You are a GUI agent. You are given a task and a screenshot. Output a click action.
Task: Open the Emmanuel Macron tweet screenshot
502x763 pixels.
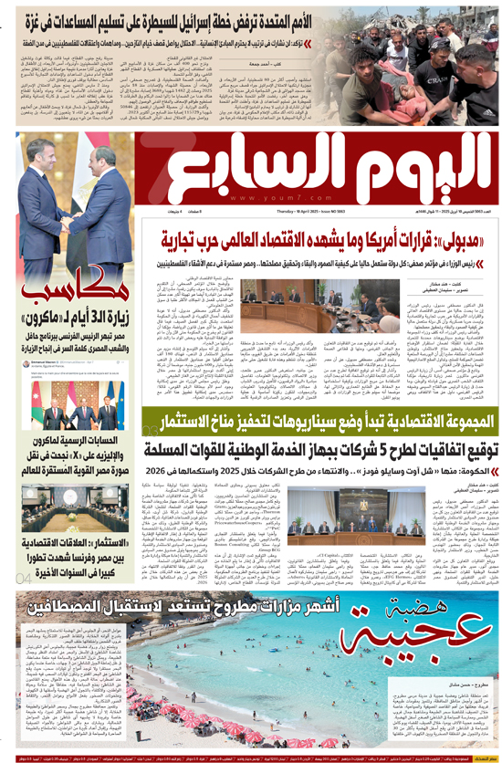(73, 402)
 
